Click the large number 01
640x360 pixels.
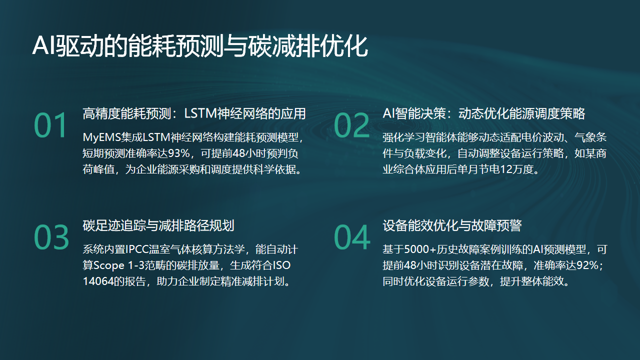50,125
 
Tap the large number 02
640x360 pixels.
351,125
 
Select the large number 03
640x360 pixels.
51,236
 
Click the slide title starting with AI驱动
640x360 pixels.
200,47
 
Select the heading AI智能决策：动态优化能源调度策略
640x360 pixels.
483,113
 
